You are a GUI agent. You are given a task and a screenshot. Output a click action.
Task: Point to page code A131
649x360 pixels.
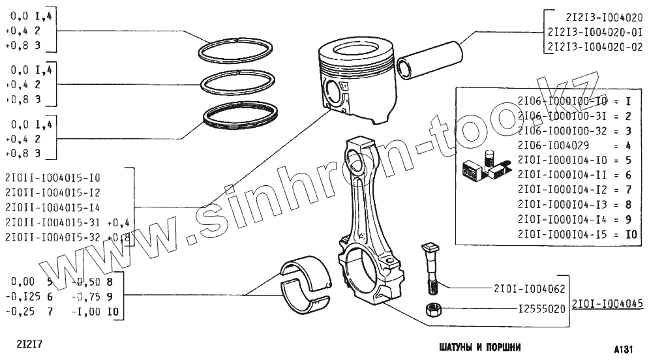coord(624,349)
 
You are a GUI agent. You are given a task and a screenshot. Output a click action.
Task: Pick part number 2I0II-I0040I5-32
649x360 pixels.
coord(53,237)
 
